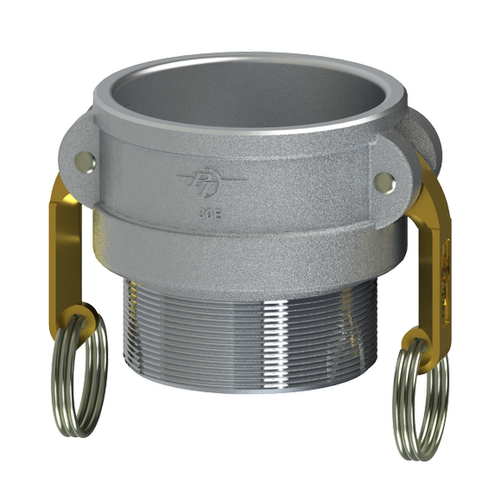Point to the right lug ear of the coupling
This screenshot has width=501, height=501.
point(393,177)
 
